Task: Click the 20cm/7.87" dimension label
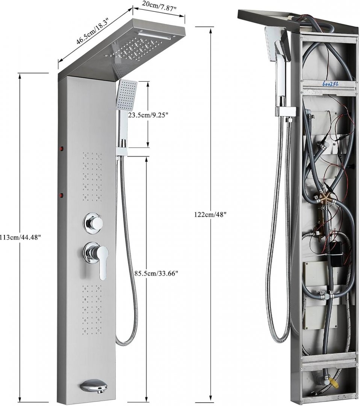159,6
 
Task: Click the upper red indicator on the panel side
62,149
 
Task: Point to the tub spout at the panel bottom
94,386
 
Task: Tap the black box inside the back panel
336,248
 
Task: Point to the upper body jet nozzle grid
92,177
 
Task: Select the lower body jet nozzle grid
92,309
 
